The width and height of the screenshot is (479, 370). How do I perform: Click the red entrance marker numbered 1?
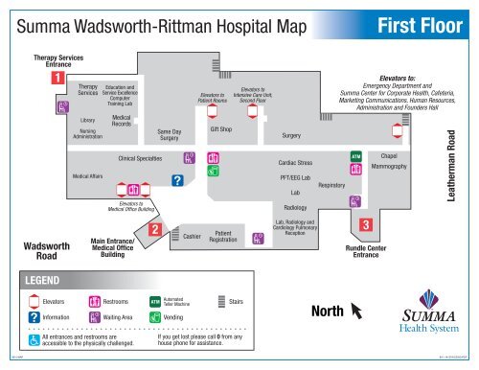[58, 79]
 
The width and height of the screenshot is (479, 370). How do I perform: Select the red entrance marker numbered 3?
[364, 224]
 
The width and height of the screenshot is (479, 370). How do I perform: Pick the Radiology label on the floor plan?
[295, 207]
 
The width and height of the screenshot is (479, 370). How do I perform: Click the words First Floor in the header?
[422, 22]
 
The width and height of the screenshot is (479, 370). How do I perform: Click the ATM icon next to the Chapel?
[355, 155]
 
